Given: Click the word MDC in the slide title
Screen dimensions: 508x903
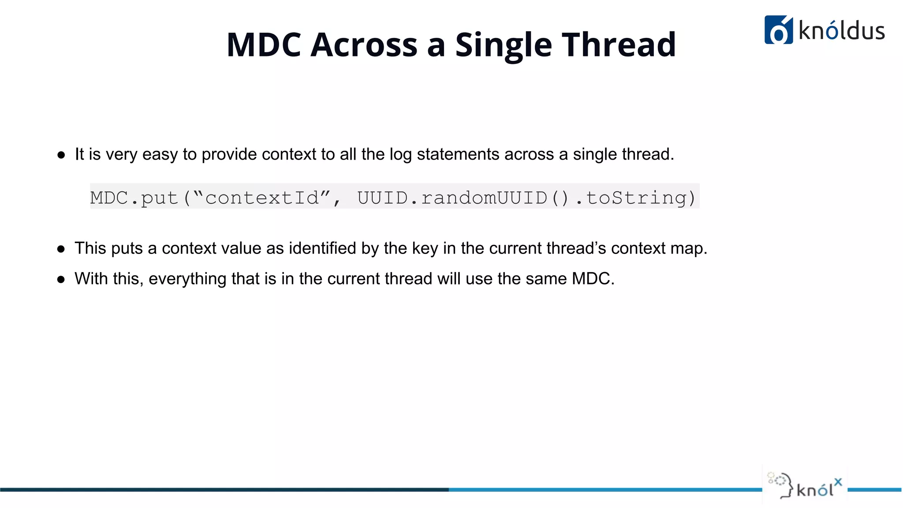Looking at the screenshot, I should [x=264, y=45].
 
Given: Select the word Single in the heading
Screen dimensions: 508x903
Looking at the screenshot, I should [x=503, y=45].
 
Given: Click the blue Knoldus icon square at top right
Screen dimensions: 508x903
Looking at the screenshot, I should [x=778, y=30].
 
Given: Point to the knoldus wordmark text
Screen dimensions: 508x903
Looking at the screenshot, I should [x=841, y=31].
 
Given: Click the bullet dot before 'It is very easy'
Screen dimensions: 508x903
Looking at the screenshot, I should [x=61, y=155].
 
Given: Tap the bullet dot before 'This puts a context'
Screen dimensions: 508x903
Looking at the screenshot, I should [x=61, y=249].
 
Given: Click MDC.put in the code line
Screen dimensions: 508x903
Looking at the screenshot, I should [x=134, y=198].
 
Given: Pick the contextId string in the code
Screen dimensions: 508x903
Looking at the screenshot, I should [x=262, y=198].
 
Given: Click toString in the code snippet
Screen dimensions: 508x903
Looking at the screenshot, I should [x=635, y=198].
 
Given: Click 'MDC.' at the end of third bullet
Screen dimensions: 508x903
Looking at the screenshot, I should [x=593, y=279].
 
